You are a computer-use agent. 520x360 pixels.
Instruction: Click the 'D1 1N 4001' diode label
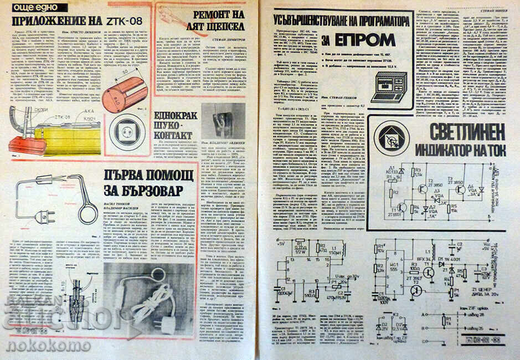tap(446, 258)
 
